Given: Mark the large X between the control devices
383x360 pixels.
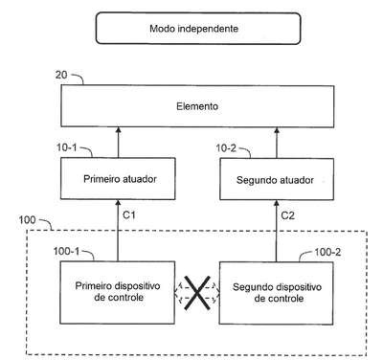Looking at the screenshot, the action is coord(197,293).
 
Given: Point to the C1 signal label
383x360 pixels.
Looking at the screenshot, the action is coord(129,215).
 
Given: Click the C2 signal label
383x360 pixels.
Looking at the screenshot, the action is coord(287,215).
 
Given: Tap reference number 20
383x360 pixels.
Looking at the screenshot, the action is coord(61,75).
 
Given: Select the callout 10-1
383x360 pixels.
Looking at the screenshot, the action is coord(67,147).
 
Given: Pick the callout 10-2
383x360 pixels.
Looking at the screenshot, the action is coord(226,148).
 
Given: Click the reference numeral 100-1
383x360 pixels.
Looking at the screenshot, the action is coord(66,251).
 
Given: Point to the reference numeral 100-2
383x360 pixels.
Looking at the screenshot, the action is coord(327,252).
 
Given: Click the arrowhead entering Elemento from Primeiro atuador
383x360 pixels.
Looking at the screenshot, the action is coord(118,129).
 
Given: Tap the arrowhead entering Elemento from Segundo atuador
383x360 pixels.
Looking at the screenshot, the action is coord(277,129).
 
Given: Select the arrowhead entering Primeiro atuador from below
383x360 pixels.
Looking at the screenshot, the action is coord(118,202).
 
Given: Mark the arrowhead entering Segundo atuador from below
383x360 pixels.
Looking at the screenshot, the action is coord(277,203).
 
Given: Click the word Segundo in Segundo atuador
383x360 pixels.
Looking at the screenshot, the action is coord(255,180).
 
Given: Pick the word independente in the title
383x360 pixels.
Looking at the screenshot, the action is coord(208,29).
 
